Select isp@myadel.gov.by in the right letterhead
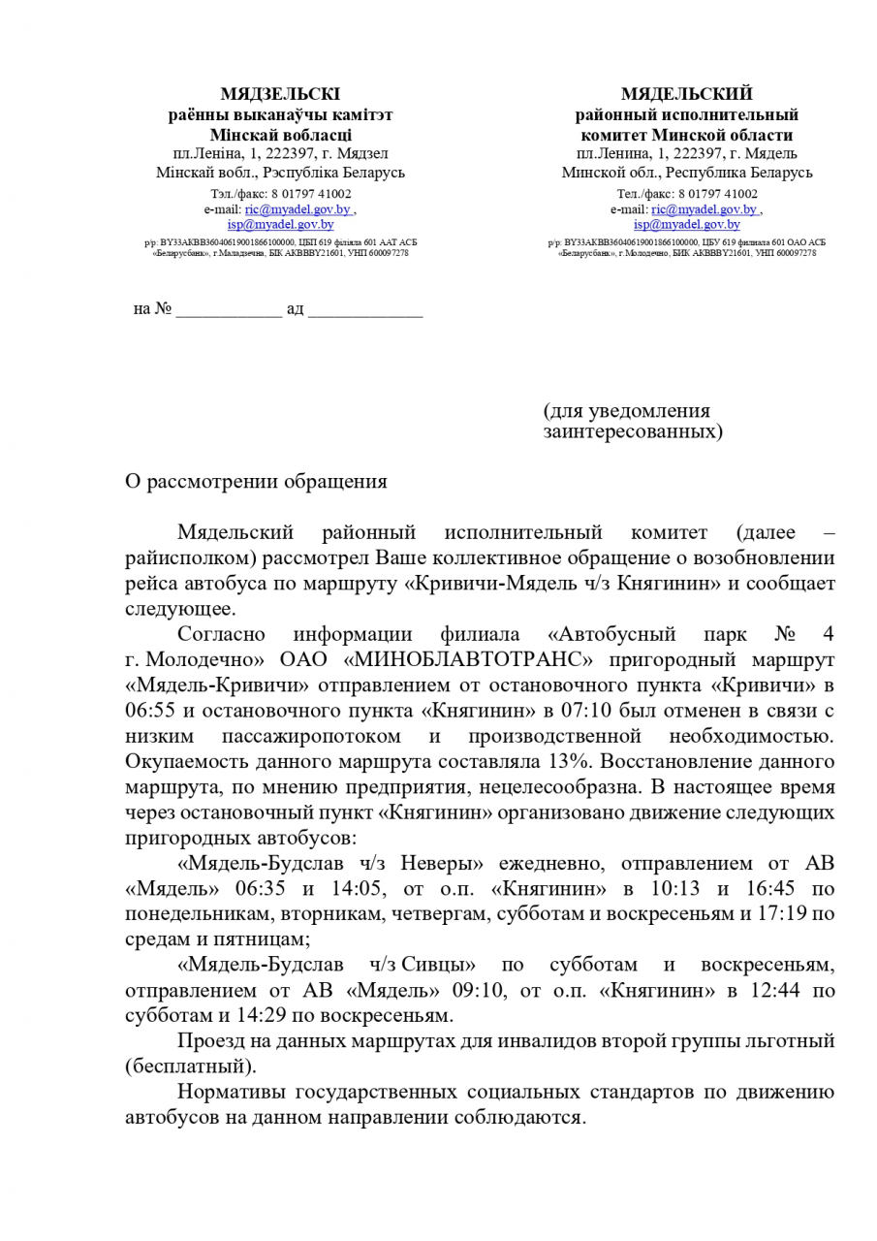tap(687, 224)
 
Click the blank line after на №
tap(229, 309)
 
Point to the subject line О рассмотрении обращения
tap(256, 482)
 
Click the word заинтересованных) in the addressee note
tap(632, 430)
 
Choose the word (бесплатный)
tap(191, 1066)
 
